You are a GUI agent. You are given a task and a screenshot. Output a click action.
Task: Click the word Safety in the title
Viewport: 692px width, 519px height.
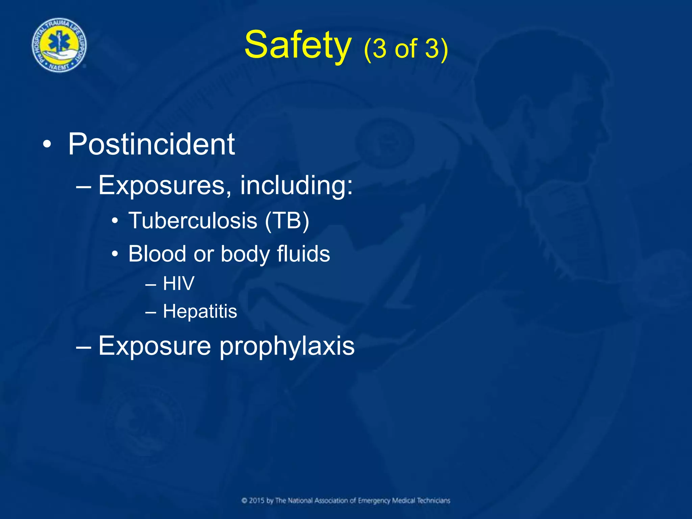297,46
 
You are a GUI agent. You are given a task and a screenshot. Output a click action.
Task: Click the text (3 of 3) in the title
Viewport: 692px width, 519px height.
406,49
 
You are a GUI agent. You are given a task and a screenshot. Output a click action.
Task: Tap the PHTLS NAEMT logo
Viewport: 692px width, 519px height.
59,45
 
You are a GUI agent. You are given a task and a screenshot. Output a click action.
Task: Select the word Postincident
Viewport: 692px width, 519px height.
151,145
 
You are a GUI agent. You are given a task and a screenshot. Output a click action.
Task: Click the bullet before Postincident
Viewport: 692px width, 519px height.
47,145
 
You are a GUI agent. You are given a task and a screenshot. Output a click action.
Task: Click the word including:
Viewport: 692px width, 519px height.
296,186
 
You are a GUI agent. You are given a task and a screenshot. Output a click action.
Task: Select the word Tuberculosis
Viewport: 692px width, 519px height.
193,221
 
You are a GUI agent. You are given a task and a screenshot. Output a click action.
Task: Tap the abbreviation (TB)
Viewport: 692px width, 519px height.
287,221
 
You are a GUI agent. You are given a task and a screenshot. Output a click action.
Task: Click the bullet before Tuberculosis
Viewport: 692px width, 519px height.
115,221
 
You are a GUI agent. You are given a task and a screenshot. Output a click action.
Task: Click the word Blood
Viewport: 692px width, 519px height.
157,254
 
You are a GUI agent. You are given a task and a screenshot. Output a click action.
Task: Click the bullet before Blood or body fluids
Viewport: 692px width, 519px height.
115,254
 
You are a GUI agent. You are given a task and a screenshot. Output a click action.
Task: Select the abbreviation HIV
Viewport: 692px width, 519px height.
178,283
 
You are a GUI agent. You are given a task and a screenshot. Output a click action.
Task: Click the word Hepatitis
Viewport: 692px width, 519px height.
200,311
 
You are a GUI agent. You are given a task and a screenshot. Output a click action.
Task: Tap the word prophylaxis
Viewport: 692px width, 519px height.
287,346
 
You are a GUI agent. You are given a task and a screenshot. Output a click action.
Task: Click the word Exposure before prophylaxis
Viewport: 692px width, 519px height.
155,346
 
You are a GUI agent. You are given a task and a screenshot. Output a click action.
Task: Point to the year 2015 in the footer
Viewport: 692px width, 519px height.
257,501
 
